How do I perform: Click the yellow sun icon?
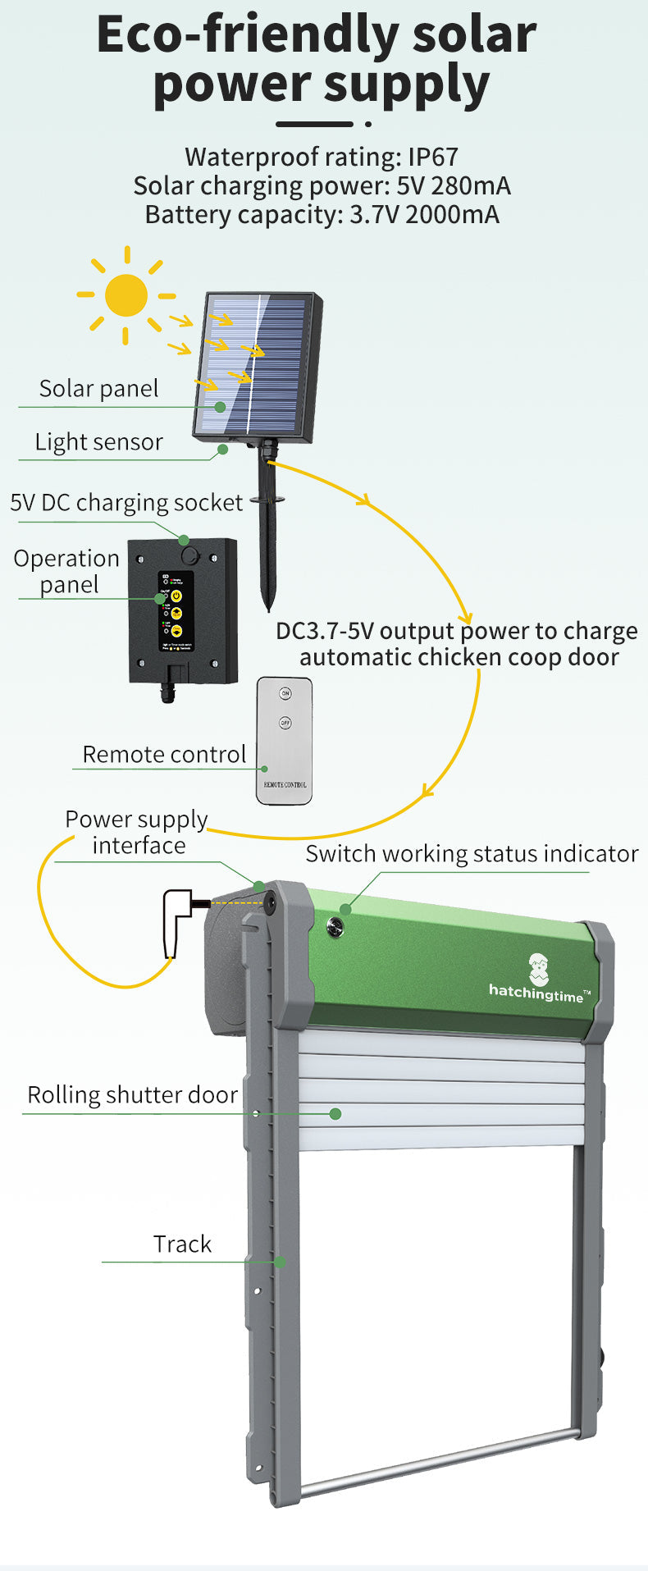tap(126, 295)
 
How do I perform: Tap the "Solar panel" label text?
tap(98, 389)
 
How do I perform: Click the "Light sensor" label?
tap(98, 442)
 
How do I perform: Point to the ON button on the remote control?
tap(285, 694)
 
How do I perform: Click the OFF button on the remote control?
tap(285, 723)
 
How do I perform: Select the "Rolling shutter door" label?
tap(132, 1095)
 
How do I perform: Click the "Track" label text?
tap(182, 1244)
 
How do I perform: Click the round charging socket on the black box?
tap(190, 555)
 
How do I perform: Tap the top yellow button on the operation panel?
tap(176, 595)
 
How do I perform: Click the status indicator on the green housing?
tap(335, 927)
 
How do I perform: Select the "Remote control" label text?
tap(164, 755)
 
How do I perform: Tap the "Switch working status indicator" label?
tap(472, 854)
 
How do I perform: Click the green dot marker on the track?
tap(280, 1262)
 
